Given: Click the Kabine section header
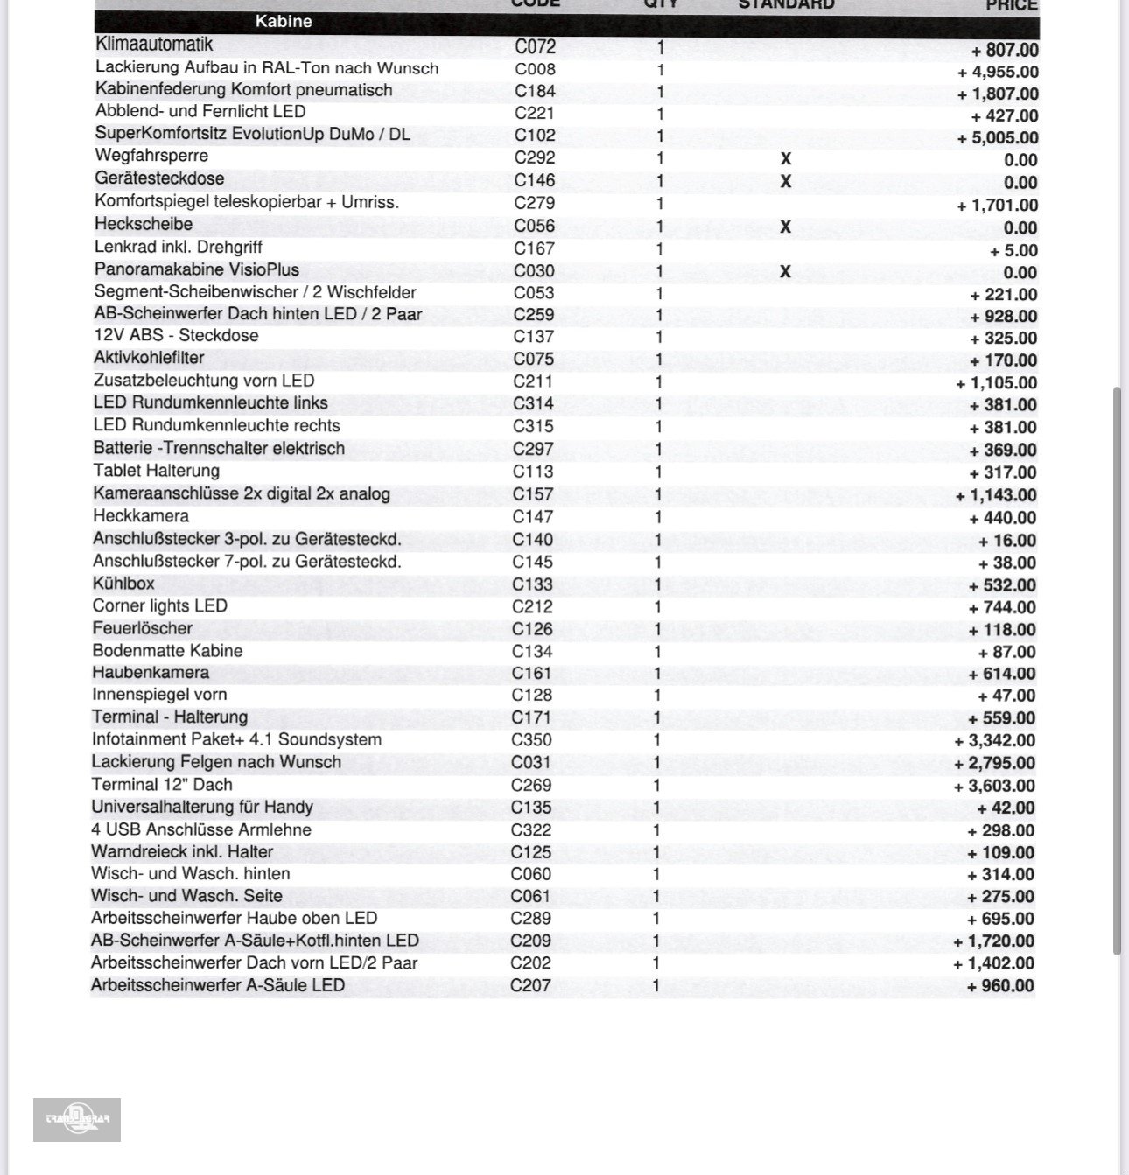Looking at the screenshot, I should (284, 22).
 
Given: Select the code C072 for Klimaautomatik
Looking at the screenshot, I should (535, 46).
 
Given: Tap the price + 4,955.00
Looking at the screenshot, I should (998, 73).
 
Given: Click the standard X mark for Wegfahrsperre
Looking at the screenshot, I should (785, 159).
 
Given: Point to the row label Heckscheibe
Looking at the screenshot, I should (144, 225).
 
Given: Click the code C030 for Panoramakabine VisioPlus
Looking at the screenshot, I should (534, 271).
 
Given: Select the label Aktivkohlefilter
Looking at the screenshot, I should (149, 358).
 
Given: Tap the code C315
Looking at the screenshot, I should (533, 427).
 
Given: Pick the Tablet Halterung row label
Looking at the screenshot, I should (156, 471).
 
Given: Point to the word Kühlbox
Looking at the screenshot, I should (123, 584).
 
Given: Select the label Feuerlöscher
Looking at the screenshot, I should (142, 628).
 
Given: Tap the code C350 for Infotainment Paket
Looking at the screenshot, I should (531, 740).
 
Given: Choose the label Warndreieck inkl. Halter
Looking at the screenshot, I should (182, 852).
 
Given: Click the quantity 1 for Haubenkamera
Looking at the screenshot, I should (657, 674).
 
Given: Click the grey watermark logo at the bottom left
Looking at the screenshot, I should (77, 1120).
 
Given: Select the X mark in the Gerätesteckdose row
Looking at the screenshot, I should (785, 181).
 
